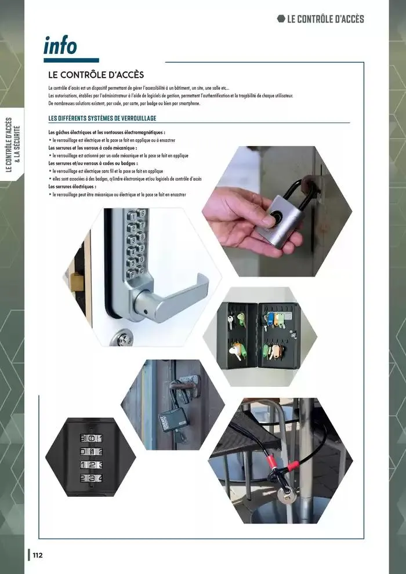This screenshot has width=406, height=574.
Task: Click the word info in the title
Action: pyautogui.click(x=60, y=45)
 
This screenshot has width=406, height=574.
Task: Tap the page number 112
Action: pyautogui.click(x=37, y=555)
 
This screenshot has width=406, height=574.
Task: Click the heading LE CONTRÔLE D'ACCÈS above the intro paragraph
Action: pyautogui.click(x=96, y=75)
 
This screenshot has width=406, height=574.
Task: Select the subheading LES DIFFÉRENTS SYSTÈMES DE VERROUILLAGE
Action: pyautogui.click(x=102, y=118)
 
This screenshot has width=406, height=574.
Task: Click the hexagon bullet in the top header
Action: pyautogui.click(x=281, y=19)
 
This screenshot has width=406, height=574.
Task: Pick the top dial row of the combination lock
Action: pyautogui.click(x=91, y=438)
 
